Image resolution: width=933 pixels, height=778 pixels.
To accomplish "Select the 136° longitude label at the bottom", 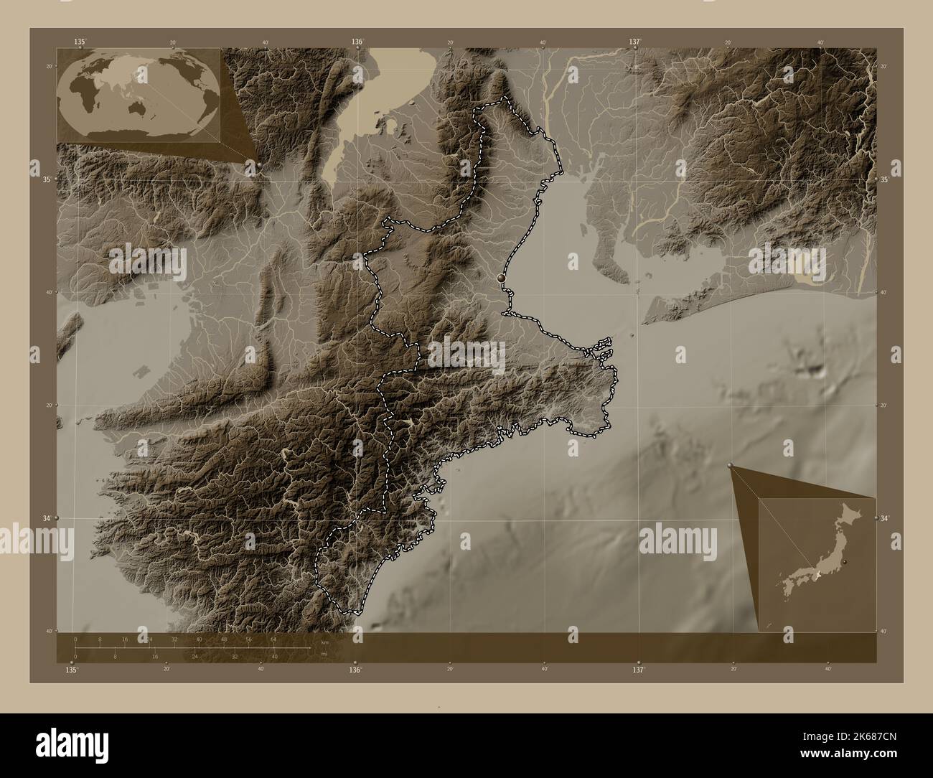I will tap(355, 670).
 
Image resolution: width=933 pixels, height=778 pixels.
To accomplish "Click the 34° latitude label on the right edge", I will tap(885, 518).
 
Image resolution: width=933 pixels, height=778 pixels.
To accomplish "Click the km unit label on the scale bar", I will tap(325, 642).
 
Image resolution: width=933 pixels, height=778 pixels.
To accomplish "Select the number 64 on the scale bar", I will tap(273, 638).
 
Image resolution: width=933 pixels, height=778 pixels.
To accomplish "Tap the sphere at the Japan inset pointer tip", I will tap(731, 466).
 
